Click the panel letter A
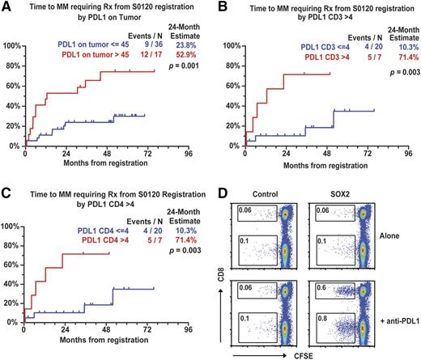[x=6, y=6]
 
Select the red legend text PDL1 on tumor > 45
[x=91, y=58]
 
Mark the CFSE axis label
[x=304, y=354]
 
